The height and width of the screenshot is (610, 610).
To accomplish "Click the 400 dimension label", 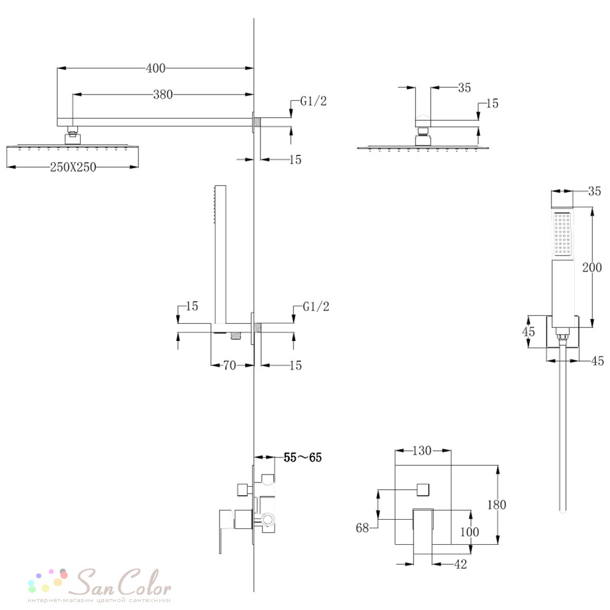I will pos(156,68).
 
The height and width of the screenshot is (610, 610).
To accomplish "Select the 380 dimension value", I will pos(163,95).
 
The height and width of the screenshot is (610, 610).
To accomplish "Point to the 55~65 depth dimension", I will pos(303,457).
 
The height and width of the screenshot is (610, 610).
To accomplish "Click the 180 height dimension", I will pos(497,504).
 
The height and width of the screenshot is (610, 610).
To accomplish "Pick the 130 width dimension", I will pos(422,451).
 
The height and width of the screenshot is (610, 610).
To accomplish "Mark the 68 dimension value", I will pos(362,528).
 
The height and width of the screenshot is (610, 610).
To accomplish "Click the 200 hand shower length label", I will pos(592,267).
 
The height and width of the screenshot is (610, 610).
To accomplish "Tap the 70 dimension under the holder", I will pos(229,365).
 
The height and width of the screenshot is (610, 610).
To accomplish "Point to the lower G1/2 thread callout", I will pos(316,306).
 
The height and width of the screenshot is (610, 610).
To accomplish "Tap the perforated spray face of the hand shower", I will pos(562,235).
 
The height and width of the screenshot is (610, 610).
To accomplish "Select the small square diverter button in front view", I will pos(423,489).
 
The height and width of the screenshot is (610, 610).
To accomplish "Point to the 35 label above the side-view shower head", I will pos(464,88).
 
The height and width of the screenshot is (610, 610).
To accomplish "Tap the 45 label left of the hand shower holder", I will pos(529,332).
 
